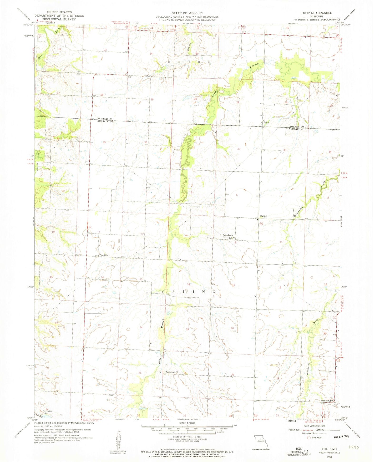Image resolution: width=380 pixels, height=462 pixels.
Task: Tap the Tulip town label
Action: (266, 123)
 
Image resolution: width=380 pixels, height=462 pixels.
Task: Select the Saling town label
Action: (263, 216)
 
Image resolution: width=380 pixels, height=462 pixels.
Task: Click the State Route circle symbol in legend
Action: (309, 438)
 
